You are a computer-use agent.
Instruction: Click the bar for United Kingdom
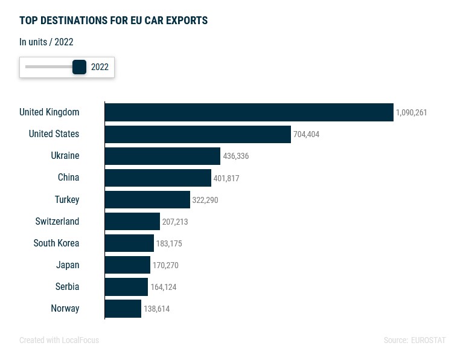[249, 112]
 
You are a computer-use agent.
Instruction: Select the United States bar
[197, 134]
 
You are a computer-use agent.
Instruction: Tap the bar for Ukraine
[162, 156]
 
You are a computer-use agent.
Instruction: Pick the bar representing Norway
[123, 309]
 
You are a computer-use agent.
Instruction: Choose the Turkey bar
[147, 199]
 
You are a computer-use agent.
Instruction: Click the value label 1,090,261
[411, 113]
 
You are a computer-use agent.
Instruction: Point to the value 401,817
[226, 178]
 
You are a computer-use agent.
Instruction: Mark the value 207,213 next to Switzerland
[175, 222]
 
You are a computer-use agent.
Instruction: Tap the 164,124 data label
[164, 288]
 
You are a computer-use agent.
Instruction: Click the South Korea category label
[56, 243]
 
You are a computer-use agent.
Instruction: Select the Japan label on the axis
[68, 265]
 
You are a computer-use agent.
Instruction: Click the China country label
[68, 178]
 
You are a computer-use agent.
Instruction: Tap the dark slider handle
[80, 67]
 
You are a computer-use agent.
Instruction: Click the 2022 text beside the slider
[100, 67]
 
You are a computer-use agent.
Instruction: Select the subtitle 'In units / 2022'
[46, 42]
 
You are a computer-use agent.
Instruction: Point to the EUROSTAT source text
[428, 341]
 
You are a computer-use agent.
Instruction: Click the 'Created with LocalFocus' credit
[59, 341]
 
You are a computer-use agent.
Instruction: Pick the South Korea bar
[129, 243]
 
